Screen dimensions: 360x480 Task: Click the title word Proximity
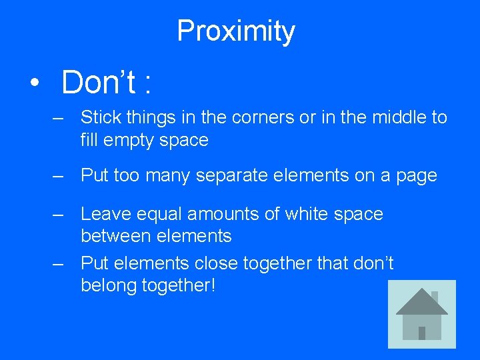235,31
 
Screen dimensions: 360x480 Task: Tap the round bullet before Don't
33,83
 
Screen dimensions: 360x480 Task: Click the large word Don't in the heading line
99,83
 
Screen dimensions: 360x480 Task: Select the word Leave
99,214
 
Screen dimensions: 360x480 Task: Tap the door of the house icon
422,332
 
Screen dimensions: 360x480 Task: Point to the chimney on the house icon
435,296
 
